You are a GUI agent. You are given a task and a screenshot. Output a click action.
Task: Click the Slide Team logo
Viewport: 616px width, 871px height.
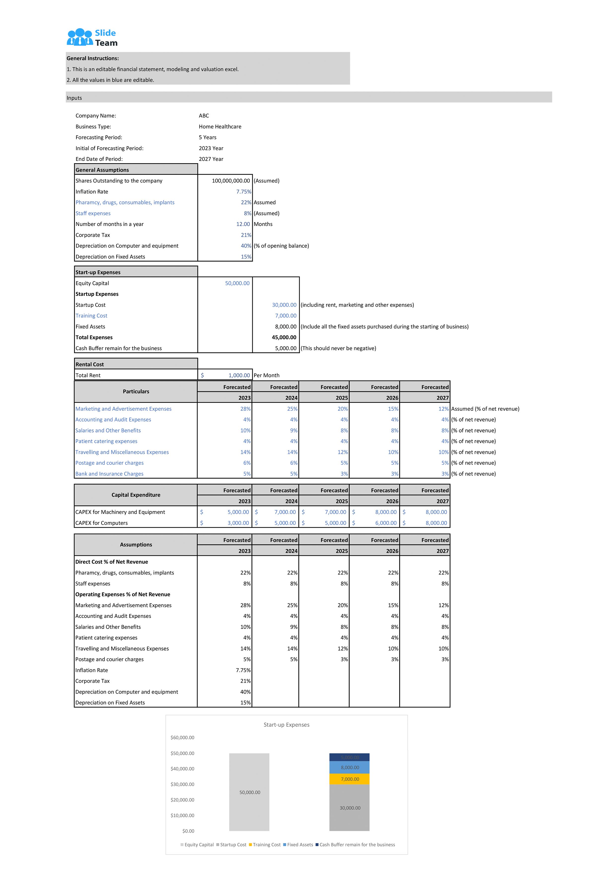pos(92,38)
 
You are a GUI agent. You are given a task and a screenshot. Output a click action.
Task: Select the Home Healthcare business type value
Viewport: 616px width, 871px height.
pos(220,127)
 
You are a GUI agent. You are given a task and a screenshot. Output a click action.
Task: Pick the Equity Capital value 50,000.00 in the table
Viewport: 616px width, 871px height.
pos(237,283)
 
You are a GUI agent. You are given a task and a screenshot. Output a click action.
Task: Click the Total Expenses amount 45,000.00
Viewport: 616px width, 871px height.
pos(284,338)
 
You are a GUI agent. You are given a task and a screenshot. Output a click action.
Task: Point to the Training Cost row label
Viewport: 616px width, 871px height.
pos(91,316)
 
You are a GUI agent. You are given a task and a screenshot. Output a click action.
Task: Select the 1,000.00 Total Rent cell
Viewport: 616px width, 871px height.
pos(239,376)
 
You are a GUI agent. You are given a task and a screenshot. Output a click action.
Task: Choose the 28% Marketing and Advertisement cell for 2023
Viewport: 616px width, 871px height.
pos(245,409)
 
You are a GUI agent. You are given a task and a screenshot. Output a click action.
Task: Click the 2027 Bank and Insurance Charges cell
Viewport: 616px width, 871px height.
pos(444,474)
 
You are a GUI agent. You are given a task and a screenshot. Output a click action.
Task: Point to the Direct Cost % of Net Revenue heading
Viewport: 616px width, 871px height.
pos(111,562)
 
